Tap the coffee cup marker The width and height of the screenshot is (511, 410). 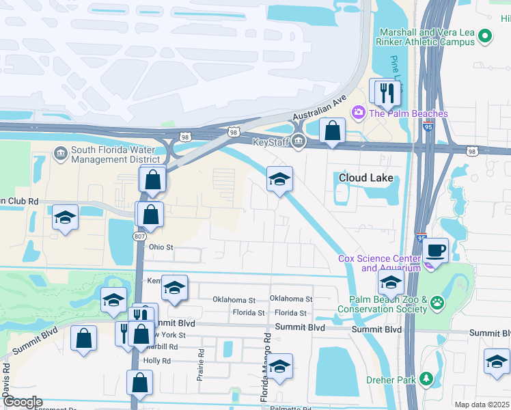pos(434,250)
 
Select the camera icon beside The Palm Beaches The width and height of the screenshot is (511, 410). pos(357,113)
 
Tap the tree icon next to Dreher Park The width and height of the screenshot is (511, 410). pos(426,378)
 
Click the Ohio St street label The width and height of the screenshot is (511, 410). pos(162,247)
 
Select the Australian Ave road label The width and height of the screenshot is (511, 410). pos(320,109)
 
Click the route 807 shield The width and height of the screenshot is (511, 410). pos(139,236)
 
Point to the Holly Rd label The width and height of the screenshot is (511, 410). pos(156,360)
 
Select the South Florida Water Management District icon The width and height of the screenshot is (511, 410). pos(59,152)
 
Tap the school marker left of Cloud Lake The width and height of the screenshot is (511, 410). pos(279,180)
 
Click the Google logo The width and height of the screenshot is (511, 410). pos(23,402)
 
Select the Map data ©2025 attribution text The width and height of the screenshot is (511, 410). pos(481,405)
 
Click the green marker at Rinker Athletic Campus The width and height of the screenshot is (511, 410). pos(485,37)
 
